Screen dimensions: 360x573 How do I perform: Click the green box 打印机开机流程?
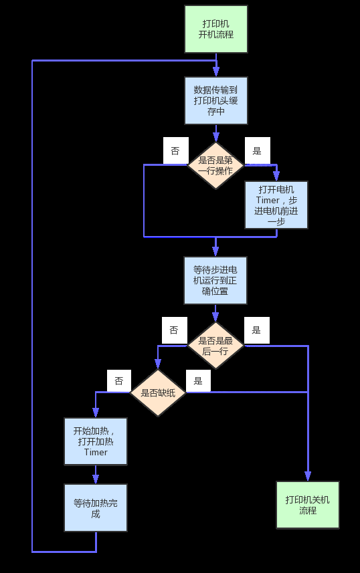pyautogui.click(x=216, y=29)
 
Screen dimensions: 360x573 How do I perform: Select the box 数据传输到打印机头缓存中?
pyautogui.click(x=216, y=100)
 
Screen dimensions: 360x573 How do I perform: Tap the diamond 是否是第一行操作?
pyautogui.click(x=215, y=165)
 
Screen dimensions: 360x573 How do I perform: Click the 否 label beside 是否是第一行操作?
pyautogui.click(x=175, y=150)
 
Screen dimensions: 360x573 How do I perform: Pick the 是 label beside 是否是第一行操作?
pyautogui.click(x=257, y=150)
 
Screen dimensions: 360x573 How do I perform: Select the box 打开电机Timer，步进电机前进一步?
pyautogui.click(x=276, y=205)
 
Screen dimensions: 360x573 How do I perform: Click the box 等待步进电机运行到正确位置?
pyautogui.click(x=215, y=280)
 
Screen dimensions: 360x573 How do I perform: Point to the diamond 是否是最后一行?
pyautogui.click(x=215, y=345)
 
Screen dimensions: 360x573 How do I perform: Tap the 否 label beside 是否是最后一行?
pyautogui.click(x=175, y=330)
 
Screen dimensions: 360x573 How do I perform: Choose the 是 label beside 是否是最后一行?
pyautogui.click(x=256, y=330)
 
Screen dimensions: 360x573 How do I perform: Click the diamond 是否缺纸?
pyautogui.click(x=158, y=392)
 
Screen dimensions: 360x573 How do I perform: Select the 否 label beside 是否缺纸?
pyautogui.click(x=119, y=381)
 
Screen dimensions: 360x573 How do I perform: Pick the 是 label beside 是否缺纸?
pyautogui.click(x=198, y=381)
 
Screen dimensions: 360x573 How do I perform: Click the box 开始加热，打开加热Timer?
pyautogui.click(x=96, y=441)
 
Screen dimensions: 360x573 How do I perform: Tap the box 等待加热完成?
pyautogui.click(x=96, y=508)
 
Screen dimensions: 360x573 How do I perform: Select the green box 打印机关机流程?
pyautogui.click(x=308, y=505)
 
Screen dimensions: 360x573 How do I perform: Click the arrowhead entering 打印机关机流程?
pyautogui.click(x=308, y=476)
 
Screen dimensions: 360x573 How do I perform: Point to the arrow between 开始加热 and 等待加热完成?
pyautogui.click(x=96, y=475)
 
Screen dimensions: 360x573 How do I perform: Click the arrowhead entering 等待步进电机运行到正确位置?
pyautogui.click(x=215, y=251)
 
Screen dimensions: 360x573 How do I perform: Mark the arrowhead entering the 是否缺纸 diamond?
pyautogui.click(x=158, y=364)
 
